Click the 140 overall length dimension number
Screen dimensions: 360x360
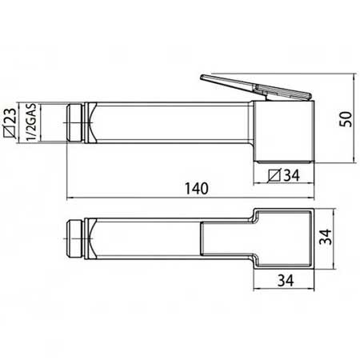coord(197,189)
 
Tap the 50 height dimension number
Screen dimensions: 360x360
coord(345,119)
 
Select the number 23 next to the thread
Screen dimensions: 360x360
coord(10,116)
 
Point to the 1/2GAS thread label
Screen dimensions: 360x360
coord(31,122)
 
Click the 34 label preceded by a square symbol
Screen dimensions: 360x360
coord(292,175)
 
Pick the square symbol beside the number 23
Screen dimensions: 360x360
coord(10,131)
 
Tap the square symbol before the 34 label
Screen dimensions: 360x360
coord(274,175)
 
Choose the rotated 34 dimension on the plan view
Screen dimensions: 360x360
coord(326,237)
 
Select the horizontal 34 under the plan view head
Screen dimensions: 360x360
coord(286,280)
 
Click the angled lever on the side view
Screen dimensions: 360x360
coord(256,88)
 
